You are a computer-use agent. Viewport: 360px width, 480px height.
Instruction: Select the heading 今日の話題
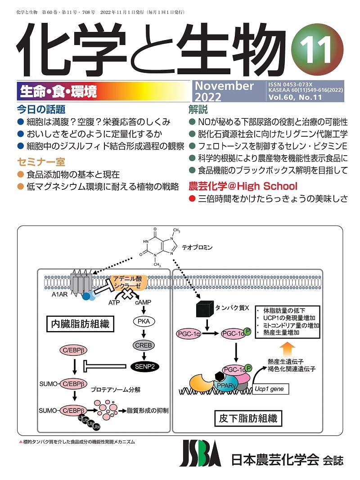[41, 109]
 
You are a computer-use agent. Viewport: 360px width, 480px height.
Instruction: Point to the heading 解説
[198, 109]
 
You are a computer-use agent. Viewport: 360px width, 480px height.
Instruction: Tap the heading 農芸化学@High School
[243, 186]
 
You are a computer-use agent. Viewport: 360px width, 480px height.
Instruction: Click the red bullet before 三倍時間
[192, 199]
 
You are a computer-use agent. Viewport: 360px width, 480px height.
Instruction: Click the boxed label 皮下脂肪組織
[247, 418]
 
